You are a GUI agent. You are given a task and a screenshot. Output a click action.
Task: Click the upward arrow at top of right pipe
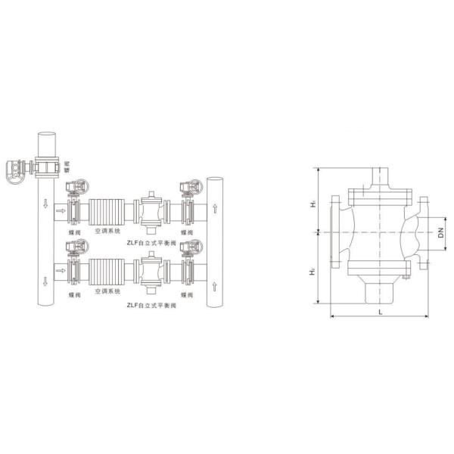[216, 206]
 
